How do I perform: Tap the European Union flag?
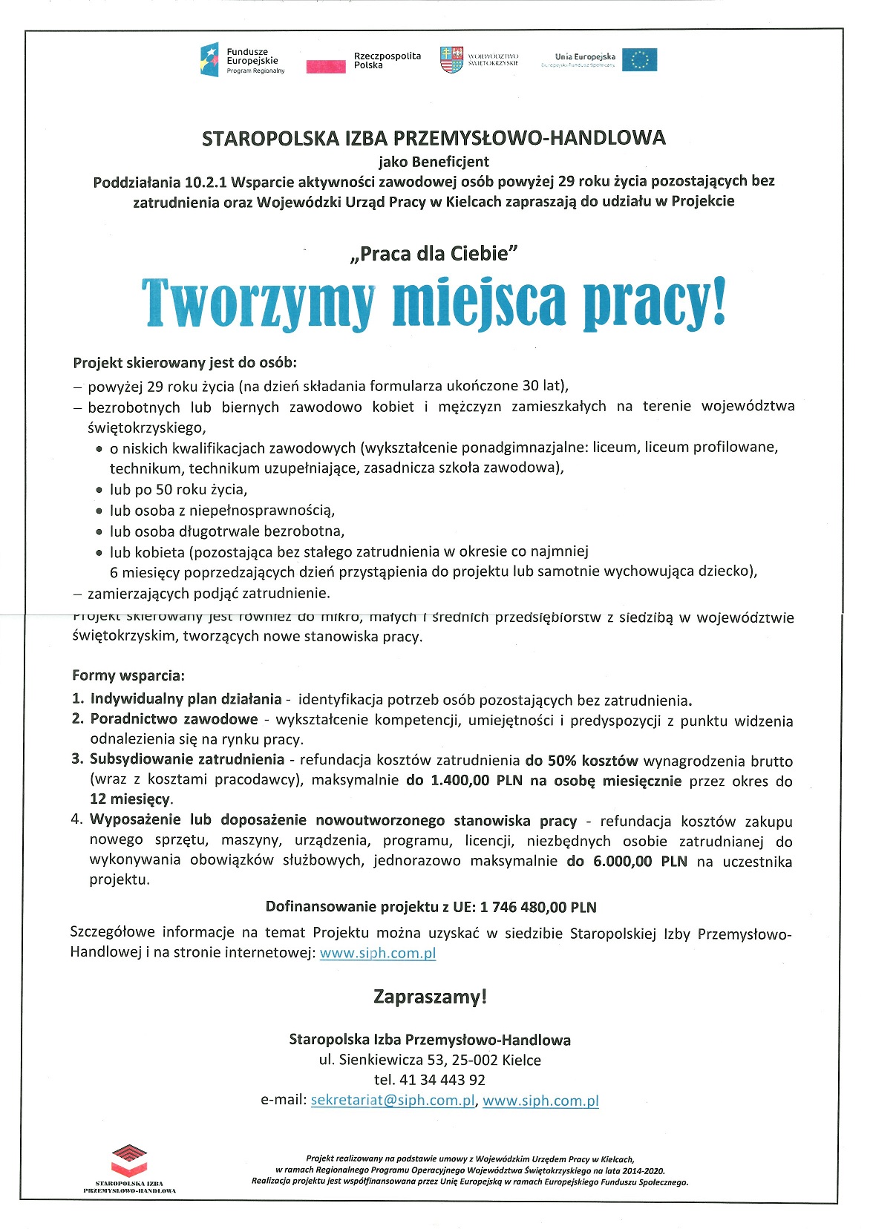click(638, 59)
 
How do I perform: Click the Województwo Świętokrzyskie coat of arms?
click(451, 59)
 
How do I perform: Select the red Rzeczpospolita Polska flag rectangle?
click(326, 66)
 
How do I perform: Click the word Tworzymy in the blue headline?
click(258, 303)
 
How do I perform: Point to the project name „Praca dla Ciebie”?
click(434, 254)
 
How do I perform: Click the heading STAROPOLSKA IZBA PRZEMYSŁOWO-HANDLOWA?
click(434, 138)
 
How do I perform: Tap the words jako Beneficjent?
click(434, 161)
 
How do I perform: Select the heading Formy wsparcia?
click(128, 675)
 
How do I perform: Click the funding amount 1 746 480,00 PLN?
click(538, 907)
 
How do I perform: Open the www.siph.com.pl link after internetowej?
click(377, 953)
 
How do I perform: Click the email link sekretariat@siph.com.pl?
click(392, 1100)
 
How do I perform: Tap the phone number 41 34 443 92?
click(442, 1080)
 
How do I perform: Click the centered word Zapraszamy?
click(430, 997)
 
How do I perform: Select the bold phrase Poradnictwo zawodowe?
click(174, 719)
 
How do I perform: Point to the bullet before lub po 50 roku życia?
click(99, 491)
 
